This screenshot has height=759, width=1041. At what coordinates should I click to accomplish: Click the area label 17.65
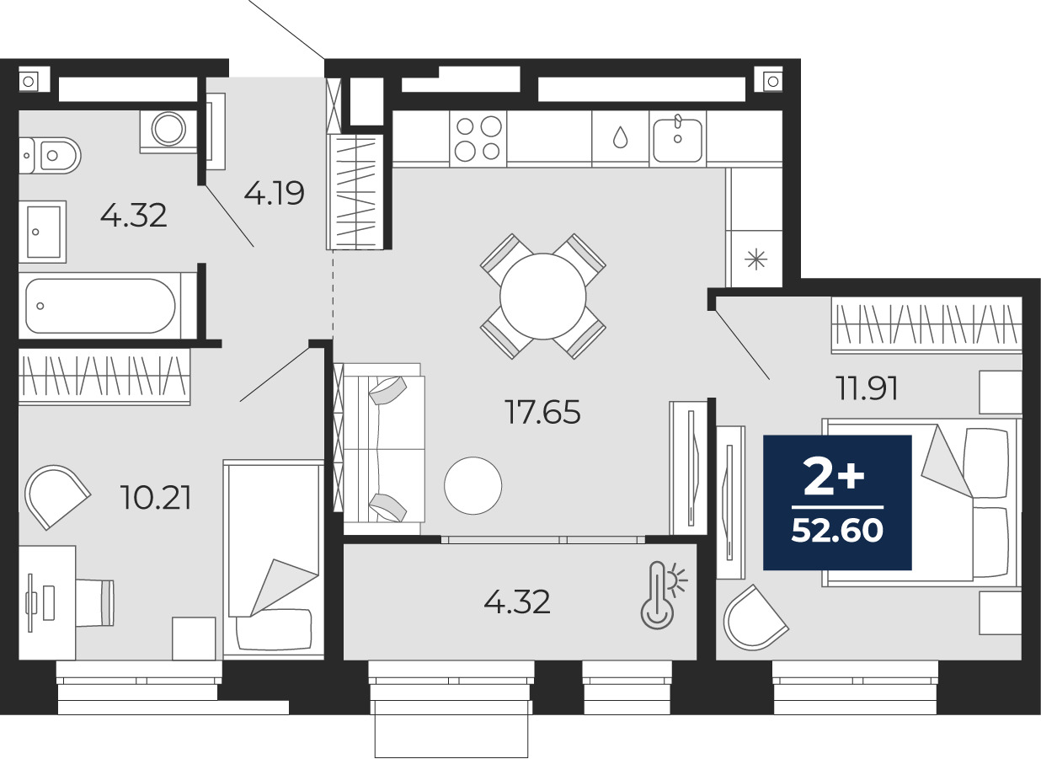click(x=542, y=412)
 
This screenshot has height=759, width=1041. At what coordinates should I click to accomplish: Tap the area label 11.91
click(x=867, y=388)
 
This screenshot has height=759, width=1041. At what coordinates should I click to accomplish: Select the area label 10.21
click(x=155, y=497)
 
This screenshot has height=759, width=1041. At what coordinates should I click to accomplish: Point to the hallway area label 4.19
click(x=275, y=194)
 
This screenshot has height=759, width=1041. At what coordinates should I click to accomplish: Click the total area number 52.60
click(x=837, y=531)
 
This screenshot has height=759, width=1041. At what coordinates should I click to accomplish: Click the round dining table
click(x=542, y=297)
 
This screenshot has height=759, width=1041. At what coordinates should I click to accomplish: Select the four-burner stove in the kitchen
click(x=478, y=138)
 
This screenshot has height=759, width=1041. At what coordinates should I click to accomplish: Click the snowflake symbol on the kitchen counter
click(x=755, y=259)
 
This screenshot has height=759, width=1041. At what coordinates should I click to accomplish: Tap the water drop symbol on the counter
click(x=620, y=137)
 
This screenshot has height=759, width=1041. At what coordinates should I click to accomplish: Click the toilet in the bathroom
click(x=50, y=155)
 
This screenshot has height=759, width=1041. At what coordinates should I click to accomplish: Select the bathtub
click(x=100, y=306)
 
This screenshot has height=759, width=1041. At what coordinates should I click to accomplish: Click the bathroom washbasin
click(x=42, y=232)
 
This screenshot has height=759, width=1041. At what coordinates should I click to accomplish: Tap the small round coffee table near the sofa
click(x=472, y=485)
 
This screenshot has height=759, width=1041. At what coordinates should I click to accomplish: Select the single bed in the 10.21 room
click(x=273, y=559)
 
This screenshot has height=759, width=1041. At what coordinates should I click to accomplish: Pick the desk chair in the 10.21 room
click(x=95, y=602)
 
